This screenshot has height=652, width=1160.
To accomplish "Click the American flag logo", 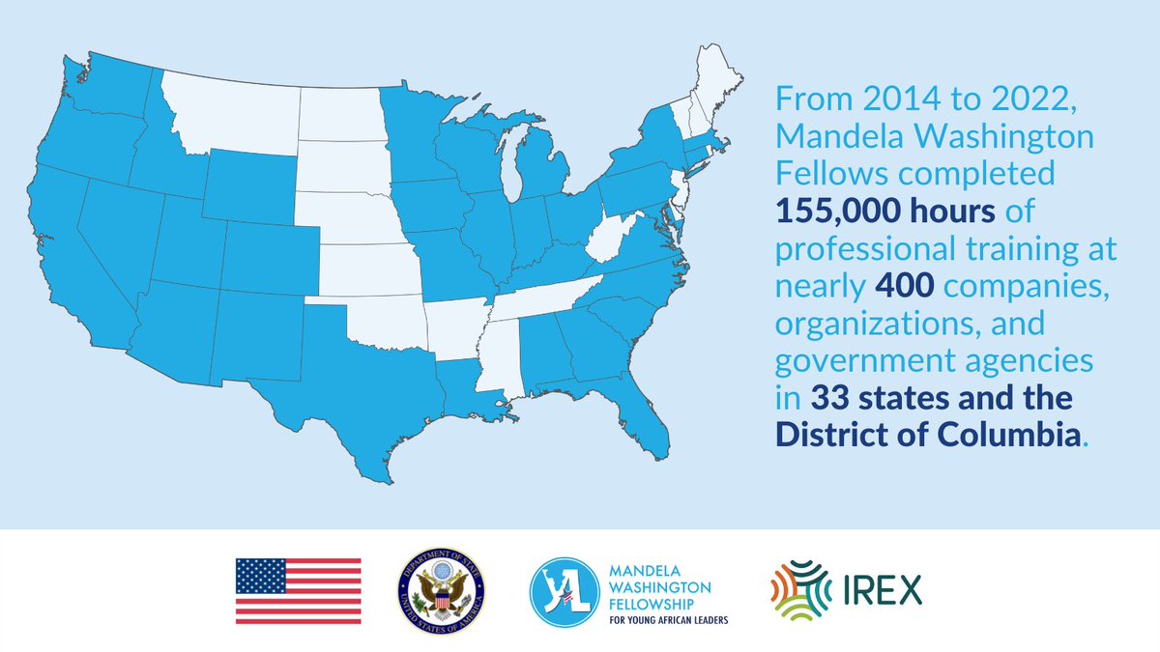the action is click(x=298, y=590).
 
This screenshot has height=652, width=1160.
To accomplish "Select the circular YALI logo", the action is click(x=564, y=590).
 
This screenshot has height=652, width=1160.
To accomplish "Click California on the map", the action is click(x=77, y=251).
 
